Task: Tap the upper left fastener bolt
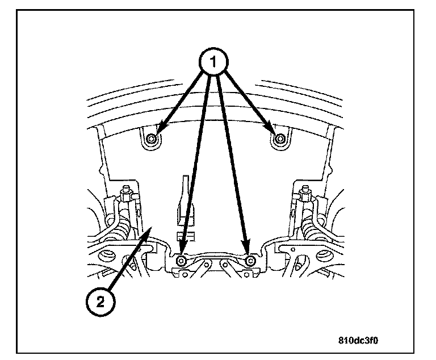(x=151, y=139)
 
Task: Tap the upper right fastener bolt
(x=279, y=139)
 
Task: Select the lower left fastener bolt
(x=181, y=261)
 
